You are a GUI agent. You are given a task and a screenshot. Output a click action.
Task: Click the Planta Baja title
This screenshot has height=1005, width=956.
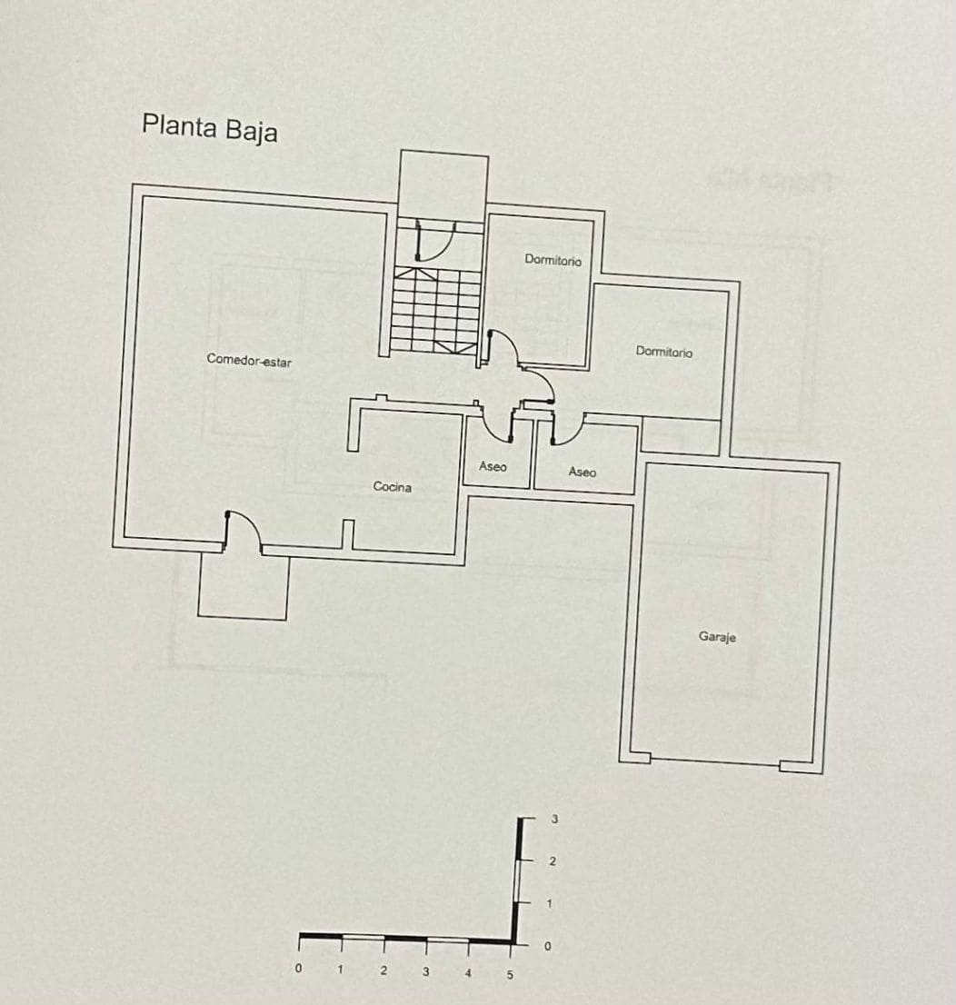pos(210,127)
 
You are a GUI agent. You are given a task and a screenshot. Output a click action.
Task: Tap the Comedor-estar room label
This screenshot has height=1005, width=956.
pos(249,360)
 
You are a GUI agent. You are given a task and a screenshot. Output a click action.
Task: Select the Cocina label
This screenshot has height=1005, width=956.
pos(392,487)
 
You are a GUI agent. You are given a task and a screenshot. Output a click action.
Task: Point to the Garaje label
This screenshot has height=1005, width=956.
pos(717,636)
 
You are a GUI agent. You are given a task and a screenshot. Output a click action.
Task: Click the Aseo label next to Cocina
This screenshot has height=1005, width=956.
pos(493,467)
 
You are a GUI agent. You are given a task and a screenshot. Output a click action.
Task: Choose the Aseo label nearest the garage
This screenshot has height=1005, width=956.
pos(582,473)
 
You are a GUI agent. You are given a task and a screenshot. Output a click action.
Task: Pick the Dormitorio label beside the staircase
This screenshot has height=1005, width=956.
pos(553,260)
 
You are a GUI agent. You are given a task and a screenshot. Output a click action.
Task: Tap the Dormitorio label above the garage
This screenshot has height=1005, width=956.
pos(663,352)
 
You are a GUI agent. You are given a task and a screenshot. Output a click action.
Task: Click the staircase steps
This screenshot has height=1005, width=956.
pos(435,311)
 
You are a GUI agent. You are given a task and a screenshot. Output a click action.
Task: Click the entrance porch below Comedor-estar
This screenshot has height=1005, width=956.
pos(243,586)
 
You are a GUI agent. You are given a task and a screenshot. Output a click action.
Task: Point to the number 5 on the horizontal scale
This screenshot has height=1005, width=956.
pos(510,975)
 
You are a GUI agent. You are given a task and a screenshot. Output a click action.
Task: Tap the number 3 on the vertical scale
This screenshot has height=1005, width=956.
pos(554,819)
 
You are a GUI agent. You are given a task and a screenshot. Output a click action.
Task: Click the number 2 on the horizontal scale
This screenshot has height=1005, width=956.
pos(383,970)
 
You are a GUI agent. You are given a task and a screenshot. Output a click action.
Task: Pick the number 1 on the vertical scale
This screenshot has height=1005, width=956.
pos(549,904)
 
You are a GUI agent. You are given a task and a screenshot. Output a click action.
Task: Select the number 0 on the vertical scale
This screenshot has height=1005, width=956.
pos(547,946)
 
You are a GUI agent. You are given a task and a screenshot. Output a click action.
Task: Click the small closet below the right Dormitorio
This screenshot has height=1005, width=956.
pos(681,436)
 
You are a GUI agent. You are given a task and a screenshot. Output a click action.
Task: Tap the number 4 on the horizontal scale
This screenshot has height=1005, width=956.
pos(468,973)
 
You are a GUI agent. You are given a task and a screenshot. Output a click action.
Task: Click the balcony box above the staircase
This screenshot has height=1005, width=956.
pos(443,186)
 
